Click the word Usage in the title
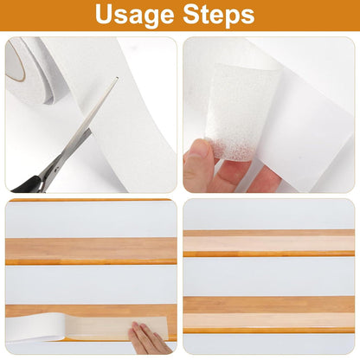(134, 15)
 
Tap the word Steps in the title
(219, 15)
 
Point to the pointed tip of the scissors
(117, 78)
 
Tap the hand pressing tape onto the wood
(149, 339)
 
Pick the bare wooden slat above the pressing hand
(91, 251)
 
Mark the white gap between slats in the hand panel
(91, 285)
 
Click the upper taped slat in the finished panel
(269, 243)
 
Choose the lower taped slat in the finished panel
(269, 315)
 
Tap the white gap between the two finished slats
(269, 277)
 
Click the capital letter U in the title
(104, 14)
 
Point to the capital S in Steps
(191, 14)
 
